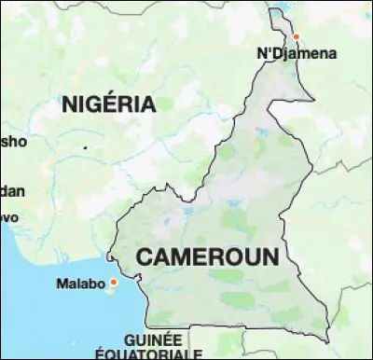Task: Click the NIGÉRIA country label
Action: click(x=108, y=105)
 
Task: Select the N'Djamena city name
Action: click(x=296, y=54)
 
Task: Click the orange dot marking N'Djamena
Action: click(x=297, y=37)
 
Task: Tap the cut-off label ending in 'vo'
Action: click(x=8, y=215)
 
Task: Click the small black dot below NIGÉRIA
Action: click(x=85, y=147)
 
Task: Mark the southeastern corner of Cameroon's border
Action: click(x=328, y=339)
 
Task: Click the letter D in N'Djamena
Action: click(x=276, y=54)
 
